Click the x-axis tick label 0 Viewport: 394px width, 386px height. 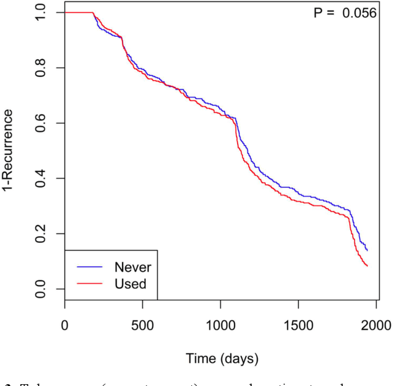[x=65, y=324]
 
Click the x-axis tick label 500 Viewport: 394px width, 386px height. [x=142, y=324]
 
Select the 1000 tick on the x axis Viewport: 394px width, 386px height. [x=220, y=324]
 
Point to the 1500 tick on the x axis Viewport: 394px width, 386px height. [x=298, y=324]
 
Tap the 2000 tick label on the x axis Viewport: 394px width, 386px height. [x=376, y=324]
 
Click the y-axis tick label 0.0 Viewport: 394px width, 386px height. [x=42, y=289]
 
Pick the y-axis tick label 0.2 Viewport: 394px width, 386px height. [x=42, y=234]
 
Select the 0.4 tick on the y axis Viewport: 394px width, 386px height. [x=42, y=178]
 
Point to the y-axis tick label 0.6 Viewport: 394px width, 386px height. [x=42, y=123]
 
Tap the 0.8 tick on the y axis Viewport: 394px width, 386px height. [x=42, y=68]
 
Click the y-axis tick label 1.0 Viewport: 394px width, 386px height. [x=42, y=13]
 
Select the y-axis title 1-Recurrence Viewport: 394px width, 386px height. [x=9, y=151]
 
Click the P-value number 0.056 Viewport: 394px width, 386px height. [x=360, y=13]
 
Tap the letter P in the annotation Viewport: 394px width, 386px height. [x=318, y=13]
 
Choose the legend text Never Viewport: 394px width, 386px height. [x=132, y=267]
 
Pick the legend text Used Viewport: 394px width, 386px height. [x=130, y=284]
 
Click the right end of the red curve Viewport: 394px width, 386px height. [x=368, y=266]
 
